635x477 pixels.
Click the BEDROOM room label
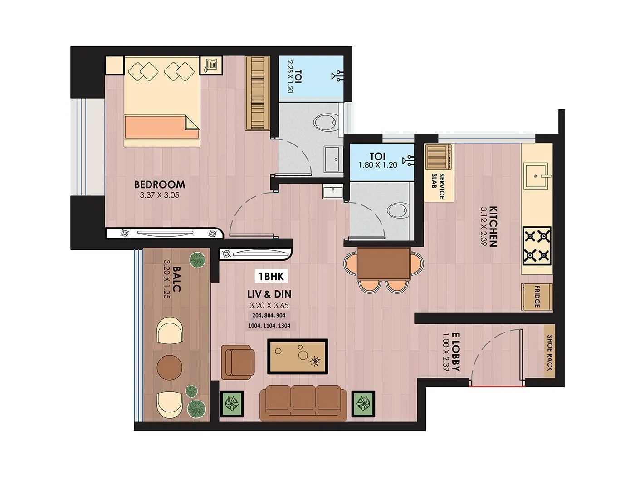point(159,184)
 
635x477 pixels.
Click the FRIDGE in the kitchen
point(537,298)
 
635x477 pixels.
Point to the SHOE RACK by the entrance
point(549,353)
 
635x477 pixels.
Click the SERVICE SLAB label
point(438,186)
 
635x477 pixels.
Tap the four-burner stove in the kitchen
point(537,246)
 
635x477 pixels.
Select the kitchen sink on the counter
point(537,175)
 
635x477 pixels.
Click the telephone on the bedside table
point(211,65)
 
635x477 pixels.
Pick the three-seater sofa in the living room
point(300,403)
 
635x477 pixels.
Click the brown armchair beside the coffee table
point(238,362)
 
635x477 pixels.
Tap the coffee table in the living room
point(298,357)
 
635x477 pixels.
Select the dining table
point(383,263)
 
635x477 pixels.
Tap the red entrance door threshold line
point(497,387)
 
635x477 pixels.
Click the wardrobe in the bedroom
point(258,93)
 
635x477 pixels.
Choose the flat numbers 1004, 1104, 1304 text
point(269,325)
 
